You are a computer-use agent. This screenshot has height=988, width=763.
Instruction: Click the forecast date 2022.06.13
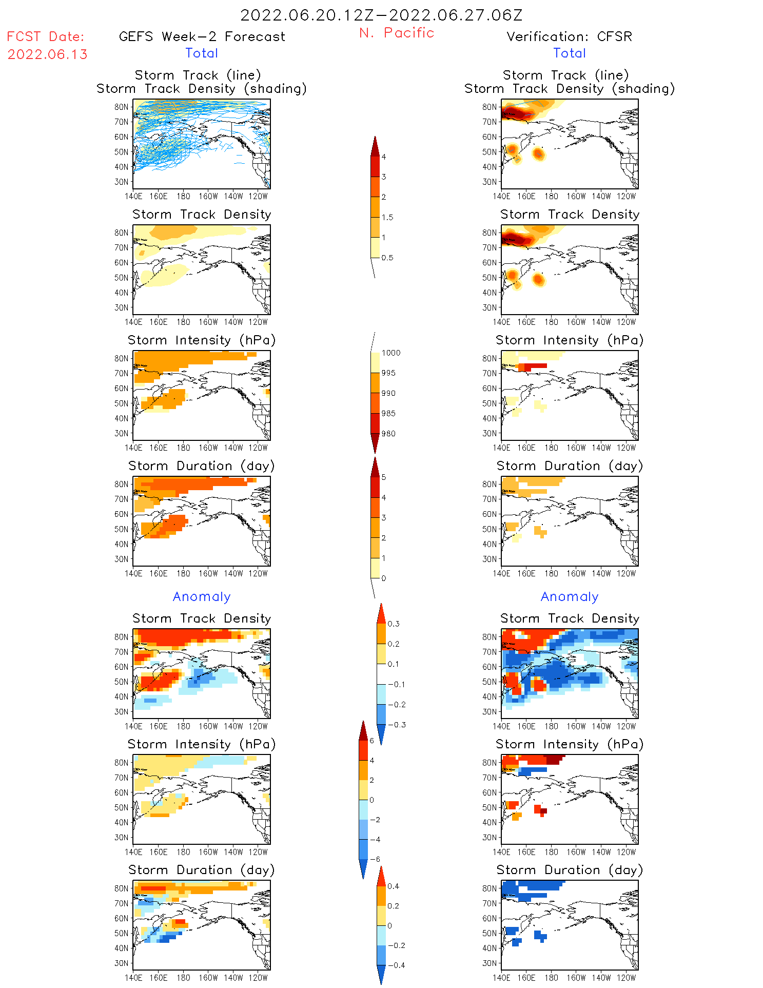47,54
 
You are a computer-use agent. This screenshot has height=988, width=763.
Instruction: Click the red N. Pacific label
397,33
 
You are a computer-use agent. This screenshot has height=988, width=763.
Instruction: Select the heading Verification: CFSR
569,36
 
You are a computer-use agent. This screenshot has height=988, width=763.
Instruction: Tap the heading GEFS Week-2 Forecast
202,36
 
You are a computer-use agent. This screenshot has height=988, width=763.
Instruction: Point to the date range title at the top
381,15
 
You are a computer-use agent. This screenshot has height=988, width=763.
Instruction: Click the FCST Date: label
45,36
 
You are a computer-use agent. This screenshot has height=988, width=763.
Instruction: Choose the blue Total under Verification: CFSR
569,53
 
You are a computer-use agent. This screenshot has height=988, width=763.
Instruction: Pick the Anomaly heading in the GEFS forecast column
202,596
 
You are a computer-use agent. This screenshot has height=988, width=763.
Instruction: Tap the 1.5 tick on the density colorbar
387,217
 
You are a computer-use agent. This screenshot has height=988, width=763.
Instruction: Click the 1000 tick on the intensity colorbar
390,353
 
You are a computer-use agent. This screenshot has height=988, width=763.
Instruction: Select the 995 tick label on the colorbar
388,373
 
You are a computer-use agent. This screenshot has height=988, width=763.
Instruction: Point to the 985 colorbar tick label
388,413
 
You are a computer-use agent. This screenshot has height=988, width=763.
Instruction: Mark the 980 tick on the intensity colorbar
388,434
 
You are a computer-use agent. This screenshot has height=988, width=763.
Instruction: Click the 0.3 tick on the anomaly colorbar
393,624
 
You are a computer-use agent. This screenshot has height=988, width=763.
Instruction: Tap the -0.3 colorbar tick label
396,725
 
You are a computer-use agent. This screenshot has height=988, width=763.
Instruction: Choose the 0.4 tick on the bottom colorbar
393,886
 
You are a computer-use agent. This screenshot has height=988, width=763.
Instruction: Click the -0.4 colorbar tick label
396,965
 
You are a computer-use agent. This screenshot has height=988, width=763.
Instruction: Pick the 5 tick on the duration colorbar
384,477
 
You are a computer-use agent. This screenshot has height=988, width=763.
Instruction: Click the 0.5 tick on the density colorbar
387,258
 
